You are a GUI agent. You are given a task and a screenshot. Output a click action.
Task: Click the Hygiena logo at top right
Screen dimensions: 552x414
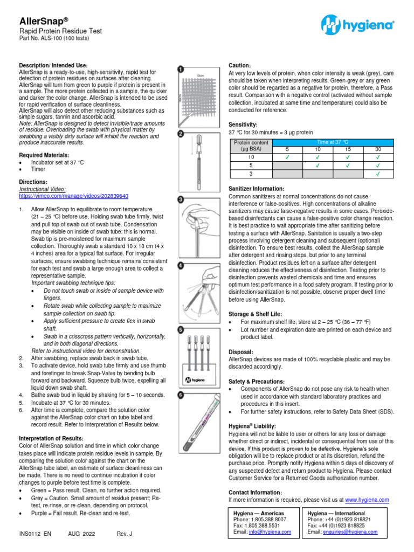[x=357, y=25]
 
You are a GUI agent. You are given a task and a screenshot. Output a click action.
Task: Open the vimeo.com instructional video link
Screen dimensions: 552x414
[x=74, y=196]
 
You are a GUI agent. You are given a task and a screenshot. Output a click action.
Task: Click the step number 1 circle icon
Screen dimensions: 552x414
[x=181, y=69]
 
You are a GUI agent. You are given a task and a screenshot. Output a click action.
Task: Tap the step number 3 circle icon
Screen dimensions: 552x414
[x=181, y=199]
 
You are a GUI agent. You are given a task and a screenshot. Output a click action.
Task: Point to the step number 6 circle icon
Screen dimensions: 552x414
[x=181, y=395]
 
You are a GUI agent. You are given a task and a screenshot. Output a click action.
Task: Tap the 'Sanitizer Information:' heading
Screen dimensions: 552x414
[x=256, y=189]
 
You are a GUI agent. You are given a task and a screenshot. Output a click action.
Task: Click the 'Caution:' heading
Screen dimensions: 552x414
[x=240, y=65]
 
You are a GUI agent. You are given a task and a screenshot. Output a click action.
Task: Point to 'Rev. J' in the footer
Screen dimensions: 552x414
[x=124, y=534]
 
